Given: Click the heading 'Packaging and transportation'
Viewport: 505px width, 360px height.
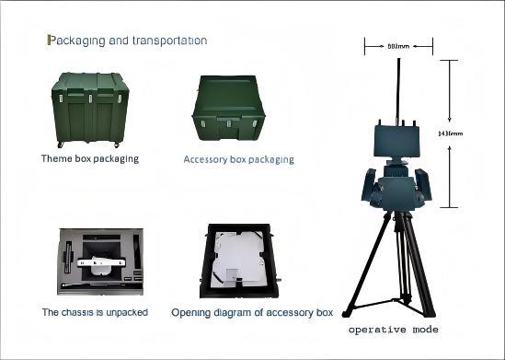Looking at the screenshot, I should (127, 41).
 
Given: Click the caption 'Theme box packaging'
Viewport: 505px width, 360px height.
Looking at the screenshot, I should (89, 158).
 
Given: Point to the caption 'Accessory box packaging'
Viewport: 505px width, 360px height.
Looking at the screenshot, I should (238, 159).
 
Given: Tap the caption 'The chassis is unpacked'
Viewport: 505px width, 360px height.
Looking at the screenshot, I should (95, 313).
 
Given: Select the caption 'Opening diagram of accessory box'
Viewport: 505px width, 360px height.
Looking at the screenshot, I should (251, 313).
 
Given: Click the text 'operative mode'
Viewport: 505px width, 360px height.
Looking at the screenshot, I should (393, 330).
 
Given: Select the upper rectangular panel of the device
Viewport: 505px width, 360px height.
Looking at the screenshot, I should (397, 140).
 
